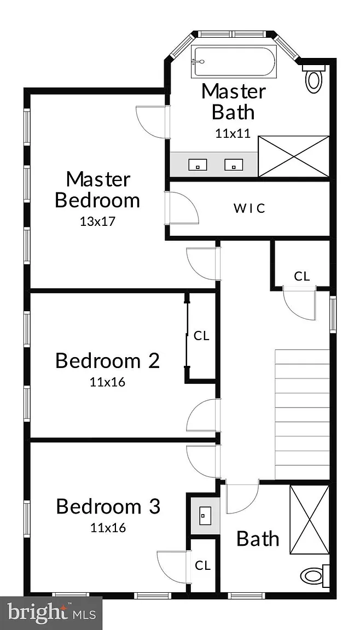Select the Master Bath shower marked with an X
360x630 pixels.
[294, 156]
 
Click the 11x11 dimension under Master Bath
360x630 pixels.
[233, 134]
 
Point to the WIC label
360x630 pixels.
[249, 208]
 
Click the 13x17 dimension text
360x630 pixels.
[97, 221]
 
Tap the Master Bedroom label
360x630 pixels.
[97, 190]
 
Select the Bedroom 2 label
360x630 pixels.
[107, 361]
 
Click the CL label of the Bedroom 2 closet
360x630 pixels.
[202, 336]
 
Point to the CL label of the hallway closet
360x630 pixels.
[302, 276]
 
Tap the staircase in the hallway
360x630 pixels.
[302, 414]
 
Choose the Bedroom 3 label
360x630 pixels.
[108, 506]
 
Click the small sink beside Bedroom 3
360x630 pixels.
[205, 514]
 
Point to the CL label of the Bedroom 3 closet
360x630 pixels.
[202, 565]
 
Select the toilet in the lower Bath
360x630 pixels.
[315, 576]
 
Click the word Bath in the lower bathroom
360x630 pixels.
[258, 538]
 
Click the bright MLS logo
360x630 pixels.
[51, 613]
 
